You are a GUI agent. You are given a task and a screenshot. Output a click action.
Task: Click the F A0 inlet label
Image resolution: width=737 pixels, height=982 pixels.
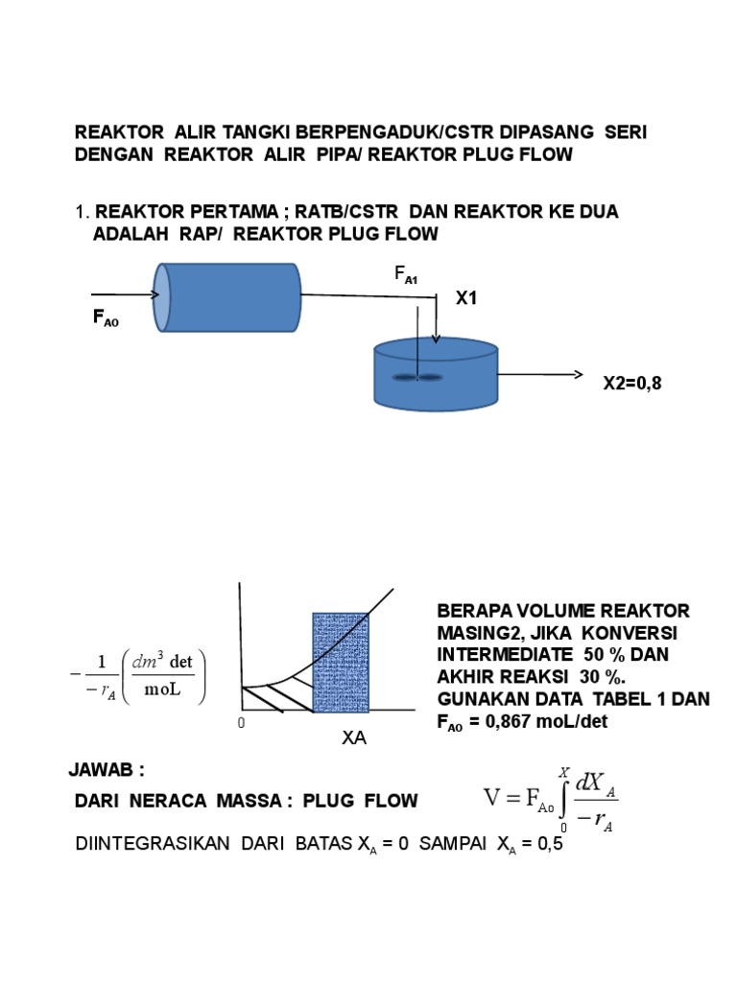coord(106,317)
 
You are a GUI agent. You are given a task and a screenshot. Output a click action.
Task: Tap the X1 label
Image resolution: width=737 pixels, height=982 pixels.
coord(466,299)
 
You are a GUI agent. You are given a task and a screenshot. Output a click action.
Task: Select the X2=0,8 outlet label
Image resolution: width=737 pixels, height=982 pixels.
coord(632,384)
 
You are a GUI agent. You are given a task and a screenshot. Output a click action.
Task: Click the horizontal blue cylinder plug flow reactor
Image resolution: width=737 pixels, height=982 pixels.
coord(228,297)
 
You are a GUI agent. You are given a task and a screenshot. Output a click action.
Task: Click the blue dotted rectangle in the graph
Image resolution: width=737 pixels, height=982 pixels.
coord(341,663)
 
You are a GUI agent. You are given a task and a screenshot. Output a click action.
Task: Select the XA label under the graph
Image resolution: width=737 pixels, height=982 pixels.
coord(354,739)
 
